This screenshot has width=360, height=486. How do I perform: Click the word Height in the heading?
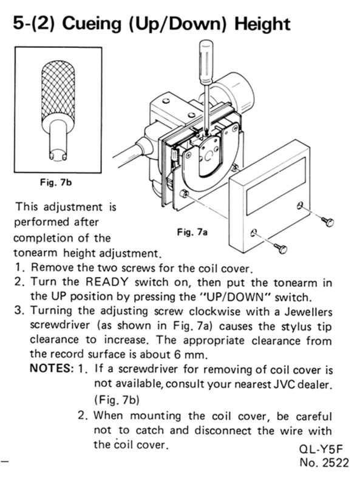(x=263, y=24)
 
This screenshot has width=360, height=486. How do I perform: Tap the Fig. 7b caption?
(x=56, y=182)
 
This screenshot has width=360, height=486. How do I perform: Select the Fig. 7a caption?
(x=192, y=232)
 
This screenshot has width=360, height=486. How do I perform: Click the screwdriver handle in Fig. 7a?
(x=206, y=62)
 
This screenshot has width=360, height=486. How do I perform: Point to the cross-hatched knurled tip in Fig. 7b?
(x=58, y=92)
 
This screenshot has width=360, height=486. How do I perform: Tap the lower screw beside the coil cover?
(x=281, y=248)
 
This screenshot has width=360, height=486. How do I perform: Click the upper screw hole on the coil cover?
(x=299, y=205)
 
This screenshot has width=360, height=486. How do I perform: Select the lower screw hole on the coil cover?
(x=254, y=232)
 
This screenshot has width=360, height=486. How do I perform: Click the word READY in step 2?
(x=107, y=282)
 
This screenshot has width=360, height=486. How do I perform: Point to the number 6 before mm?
(x=177, y=355)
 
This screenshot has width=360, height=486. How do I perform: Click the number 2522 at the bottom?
(x=336, y=462)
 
